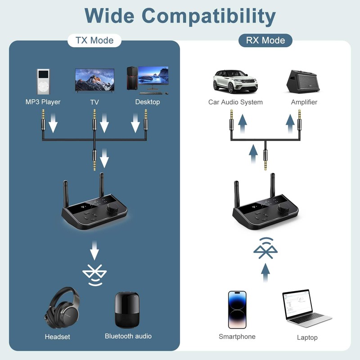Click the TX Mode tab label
(94, 40)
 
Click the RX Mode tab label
(265, 40)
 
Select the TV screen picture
(94, 80)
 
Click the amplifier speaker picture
(304, 81)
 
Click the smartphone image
(237, 310)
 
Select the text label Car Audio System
(235, 102)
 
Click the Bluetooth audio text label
(128, 336)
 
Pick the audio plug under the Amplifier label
(299, 121)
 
